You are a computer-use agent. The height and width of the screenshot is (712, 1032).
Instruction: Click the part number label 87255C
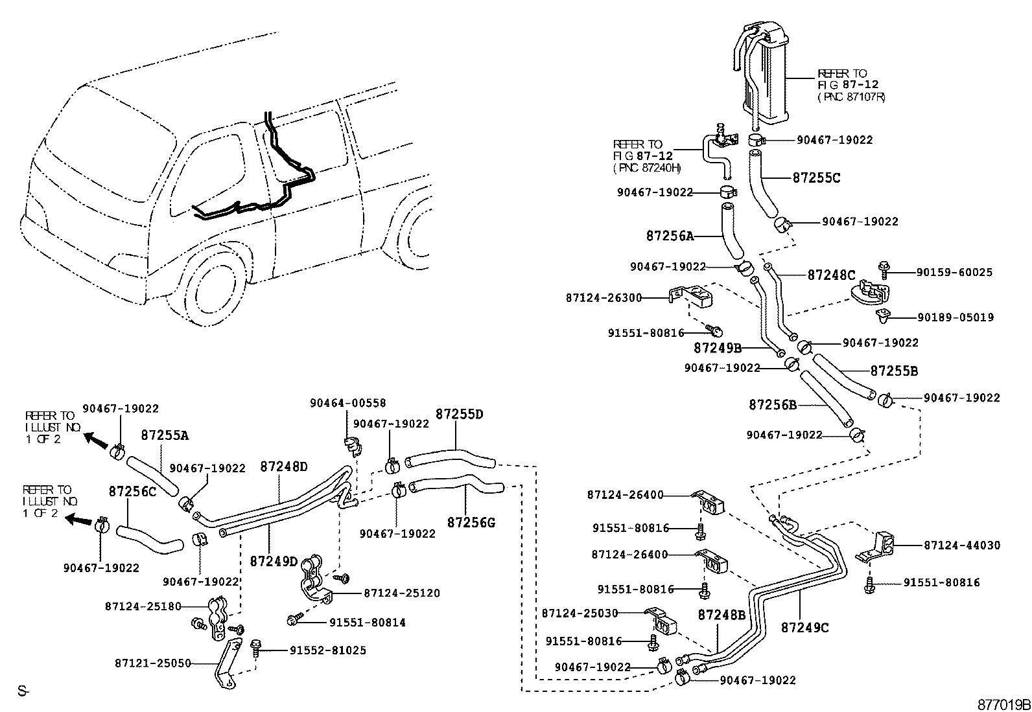coord(816,178)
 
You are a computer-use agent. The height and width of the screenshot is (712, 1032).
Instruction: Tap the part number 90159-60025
coord(954,273)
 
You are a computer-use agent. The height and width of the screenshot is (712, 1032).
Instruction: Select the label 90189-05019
coord(955,317)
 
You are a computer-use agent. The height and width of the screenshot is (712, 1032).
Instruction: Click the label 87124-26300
coord(603,298)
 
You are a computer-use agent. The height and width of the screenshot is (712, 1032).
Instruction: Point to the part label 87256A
coord(669,236)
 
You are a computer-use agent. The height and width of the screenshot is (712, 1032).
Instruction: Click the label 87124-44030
coord(962,545)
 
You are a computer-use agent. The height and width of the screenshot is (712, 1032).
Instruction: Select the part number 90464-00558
coord(347,403)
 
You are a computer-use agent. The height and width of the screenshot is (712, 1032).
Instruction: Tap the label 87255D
coord(459,414)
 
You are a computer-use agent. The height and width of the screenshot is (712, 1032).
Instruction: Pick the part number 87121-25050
coord(153,663)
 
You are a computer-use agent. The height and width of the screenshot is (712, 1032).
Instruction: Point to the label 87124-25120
coord(402,593)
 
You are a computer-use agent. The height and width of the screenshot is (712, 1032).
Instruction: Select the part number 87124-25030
coord(580,613)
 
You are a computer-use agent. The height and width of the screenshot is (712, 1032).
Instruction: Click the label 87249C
coord(804,628)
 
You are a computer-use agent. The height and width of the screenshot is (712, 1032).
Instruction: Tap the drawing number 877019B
coord(1004,704)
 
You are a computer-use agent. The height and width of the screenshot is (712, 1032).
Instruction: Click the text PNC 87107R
coord(851,97)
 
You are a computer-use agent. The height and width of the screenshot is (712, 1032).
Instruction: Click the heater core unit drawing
coord(768,71)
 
